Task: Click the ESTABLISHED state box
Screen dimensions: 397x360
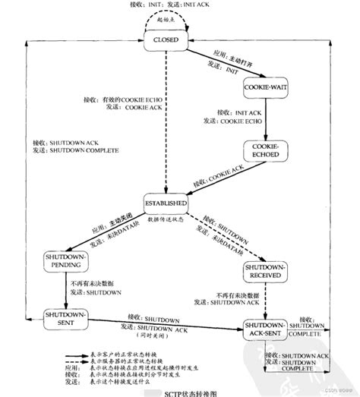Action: coord(166,204)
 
